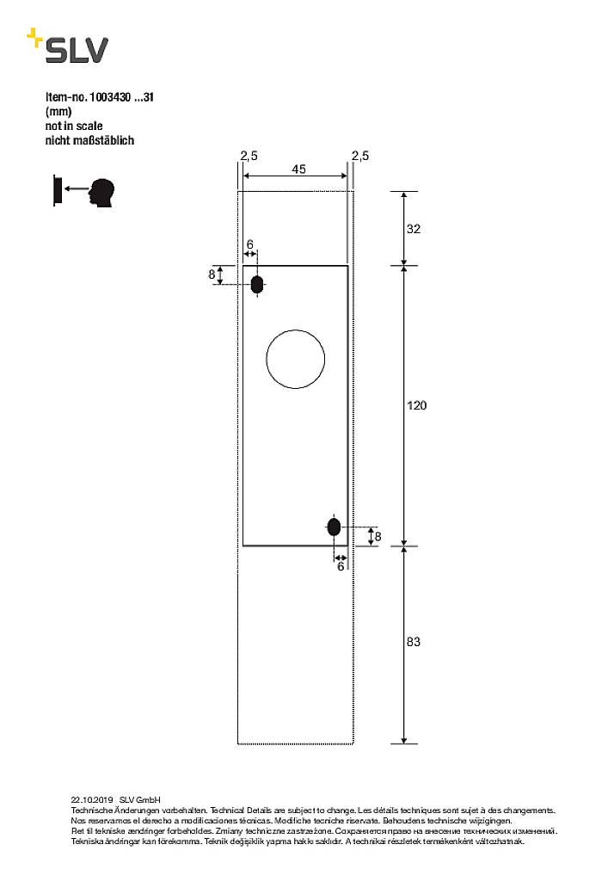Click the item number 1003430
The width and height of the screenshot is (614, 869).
(109, 98)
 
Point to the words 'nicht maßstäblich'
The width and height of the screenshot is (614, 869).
(89, 139)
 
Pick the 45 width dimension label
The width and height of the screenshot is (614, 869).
(298, 169)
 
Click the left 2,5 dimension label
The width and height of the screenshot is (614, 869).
(249, 156)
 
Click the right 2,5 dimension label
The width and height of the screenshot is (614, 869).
(360, 156)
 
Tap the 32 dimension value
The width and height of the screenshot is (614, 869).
(414, 229)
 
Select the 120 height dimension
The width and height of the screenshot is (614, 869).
(416, 405)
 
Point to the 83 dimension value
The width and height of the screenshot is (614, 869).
(414, 642)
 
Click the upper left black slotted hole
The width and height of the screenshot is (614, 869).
(257, 285)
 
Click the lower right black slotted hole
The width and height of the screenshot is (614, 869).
(334, 527)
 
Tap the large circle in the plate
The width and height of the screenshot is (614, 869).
(296, 358)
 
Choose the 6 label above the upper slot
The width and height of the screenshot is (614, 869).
(250, 245)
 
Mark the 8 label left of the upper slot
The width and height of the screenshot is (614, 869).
(212, 274)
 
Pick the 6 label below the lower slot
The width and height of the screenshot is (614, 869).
(340, 566)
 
